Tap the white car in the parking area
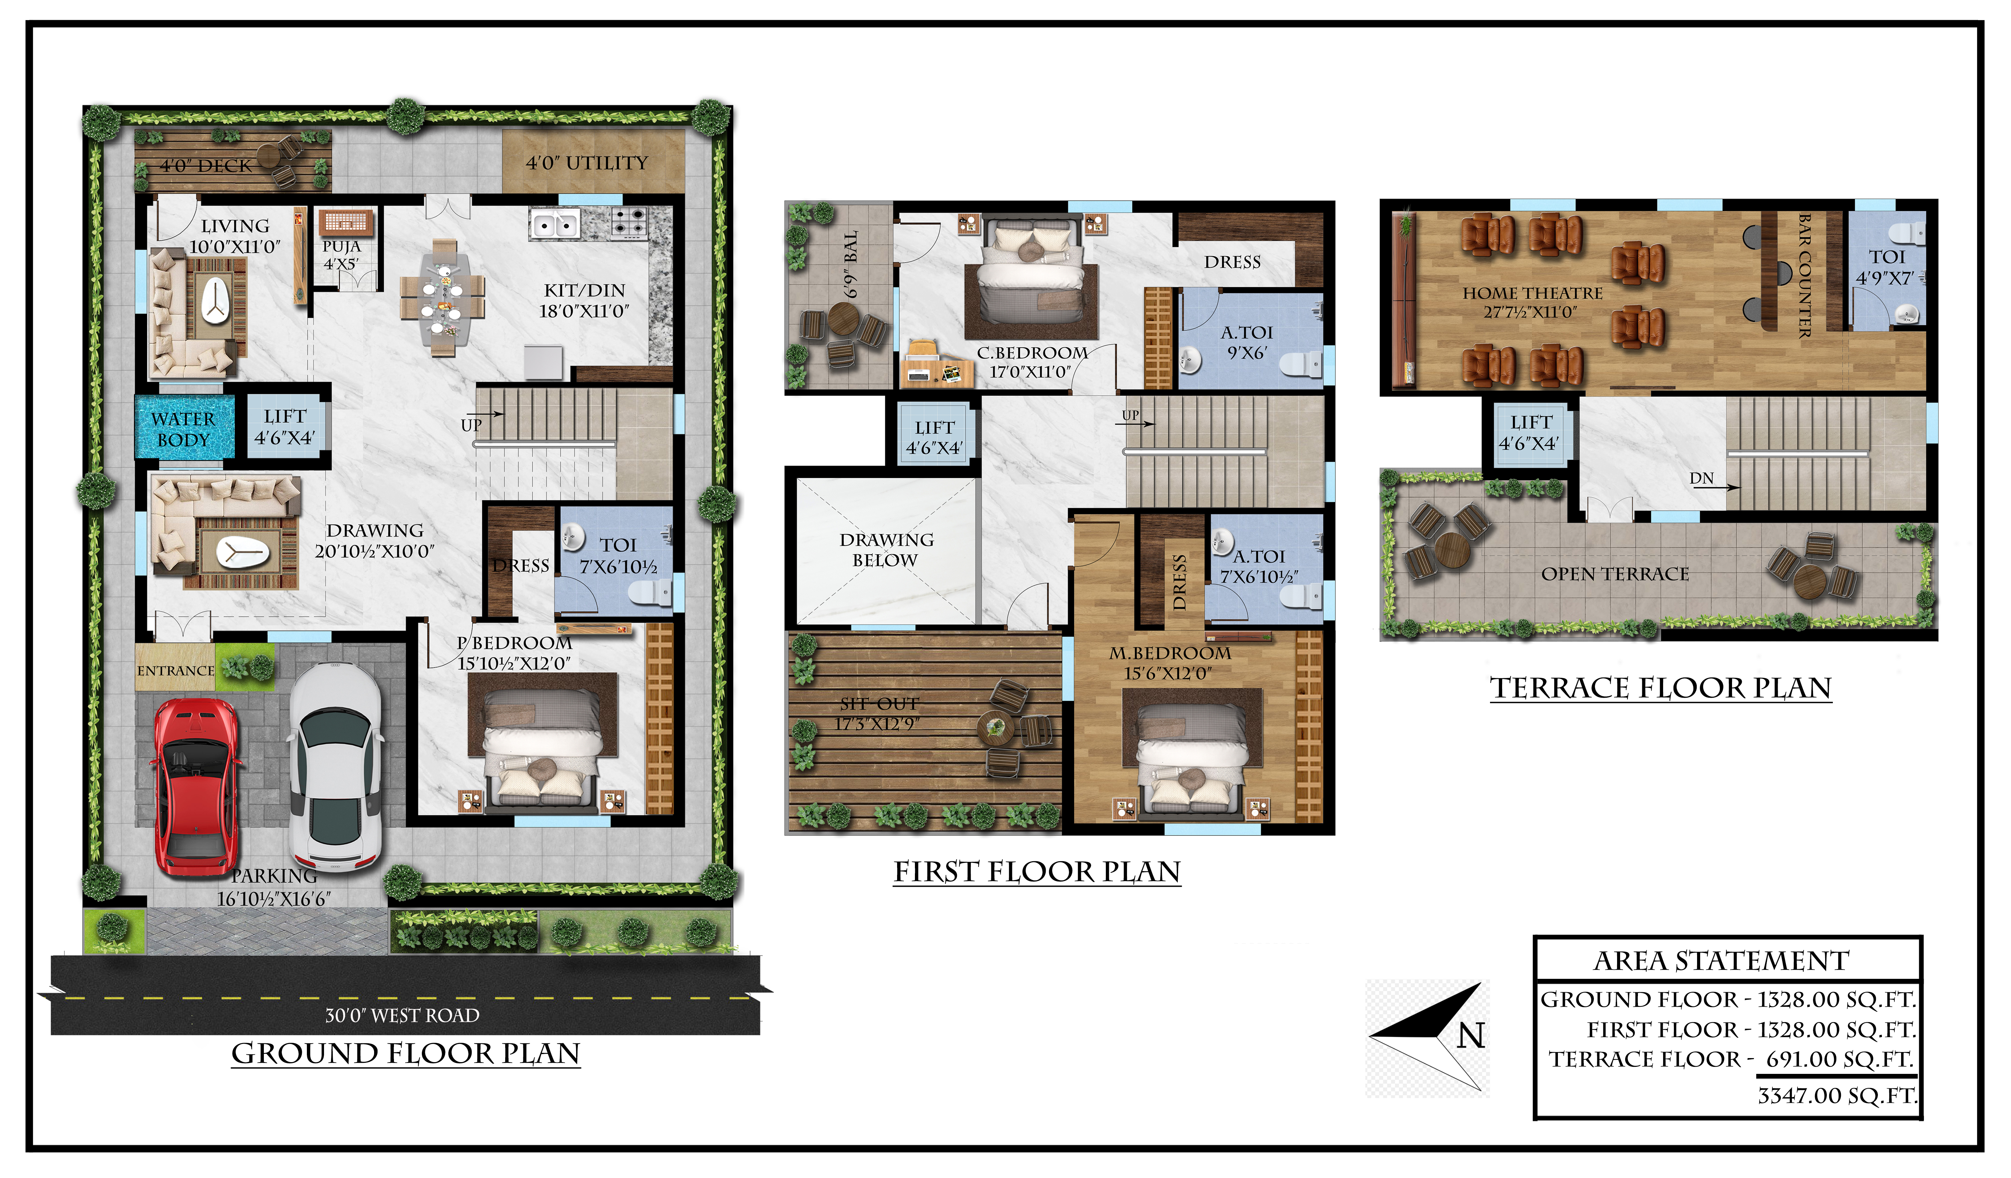pyautogui.click(x=335, y=767)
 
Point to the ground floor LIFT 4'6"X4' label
pyautogui.click(x=285, y=427)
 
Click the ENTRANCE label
pyautogui.click(x=175, y=671)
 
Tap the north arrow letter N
pyautogui.click(x=1471, y=1035)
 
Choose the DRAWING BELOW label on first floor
pyautogui.click(x=886, y=550)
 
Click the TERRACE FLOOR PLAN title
pyautogui.click(x=1661, y=688)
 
